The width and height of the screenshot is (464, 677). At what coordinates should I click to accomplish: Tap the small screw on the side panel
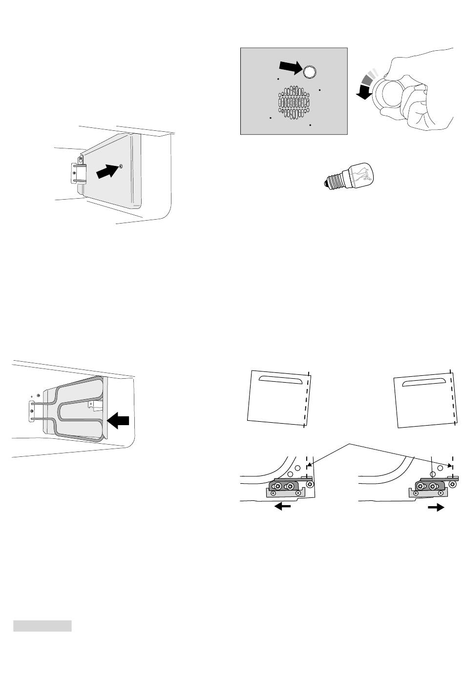(121, 166)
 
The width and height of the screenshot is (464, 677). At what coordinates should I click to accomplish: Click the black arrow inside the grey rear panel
(290, 68)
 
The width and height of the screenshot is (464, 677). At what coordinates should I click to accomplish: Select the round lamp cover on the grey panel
(309, 72)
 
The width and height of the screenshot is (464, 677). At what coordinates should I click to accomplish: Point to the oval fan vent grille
(295, 103)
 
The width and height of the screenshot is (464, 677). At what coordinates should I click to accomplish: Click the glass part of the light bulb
(361, 174)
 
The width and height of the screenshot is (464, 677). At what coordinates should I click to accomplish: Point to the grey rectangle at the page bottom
(42, 626)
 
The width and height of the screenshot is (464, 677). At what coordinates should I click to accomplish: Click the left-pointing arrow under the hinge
(283, 508)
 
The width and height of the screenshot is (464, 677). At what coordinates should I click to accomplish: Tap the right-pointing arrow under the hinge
(436, 508)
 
